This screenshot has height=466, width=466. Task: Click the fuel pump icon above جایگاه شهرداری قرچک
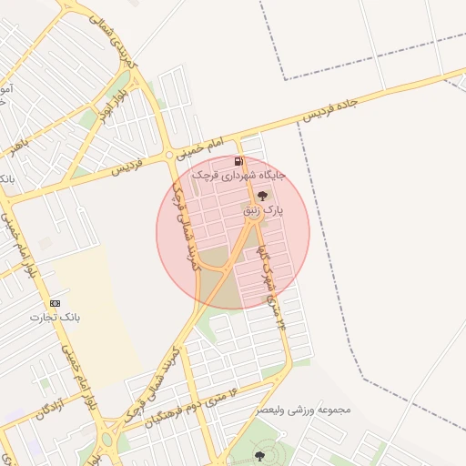coord(238,162)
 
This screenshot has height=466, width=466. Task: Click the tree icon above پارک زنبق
coord(263,196)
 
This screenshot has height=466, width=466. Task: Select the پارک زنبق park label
coord(264,209)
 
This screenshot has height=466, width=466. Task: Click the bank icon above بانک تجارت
coord(56,303)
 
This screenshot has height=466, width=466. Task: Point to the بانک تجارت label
coord(56,318)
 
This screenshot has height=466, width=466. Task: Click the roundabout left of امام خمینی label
coord(169,156)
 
